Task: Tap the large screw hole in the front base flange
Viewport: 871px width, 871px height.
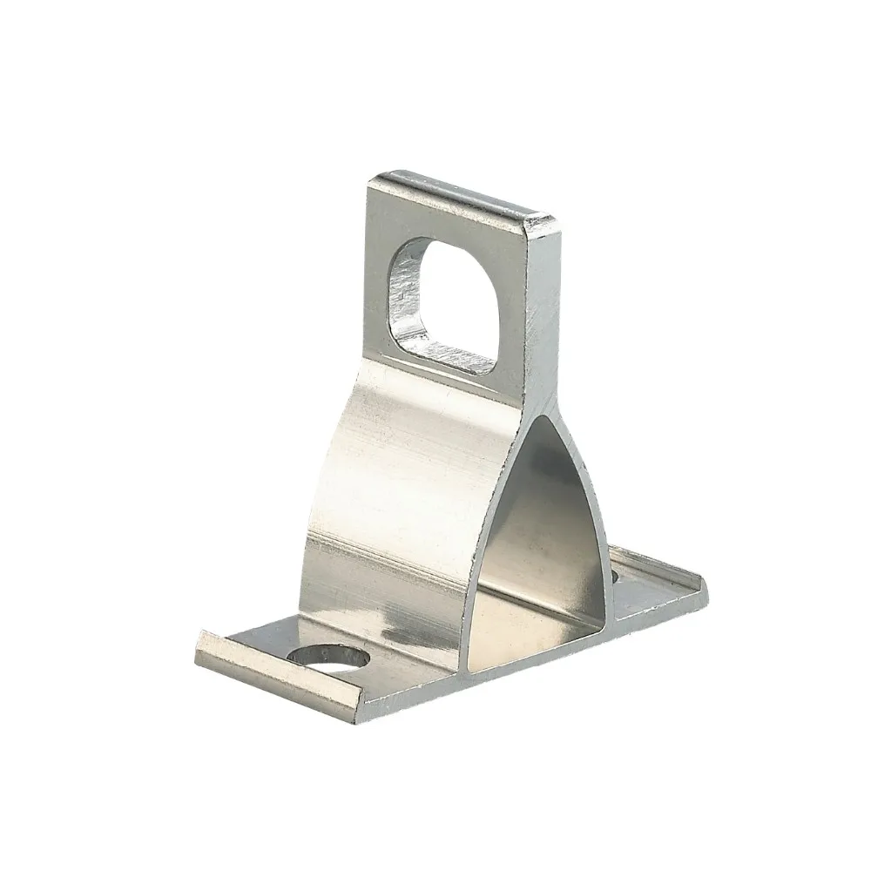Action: (x=325, y=658)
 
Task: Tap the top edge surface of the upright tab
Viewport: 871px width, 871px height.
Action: (x=462, y=193)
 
